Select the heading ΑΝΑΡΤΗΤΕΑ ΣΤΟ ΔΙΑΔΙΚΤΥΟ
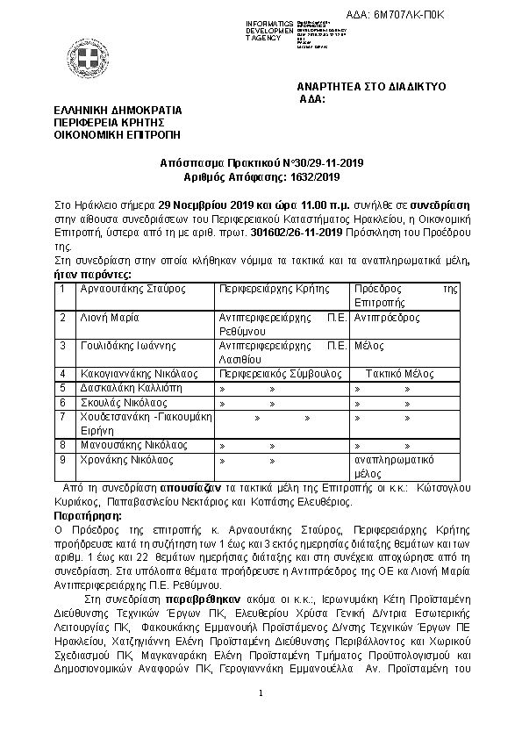coord(371,88)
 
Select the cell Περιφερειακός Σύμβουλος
coord(268,374)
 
